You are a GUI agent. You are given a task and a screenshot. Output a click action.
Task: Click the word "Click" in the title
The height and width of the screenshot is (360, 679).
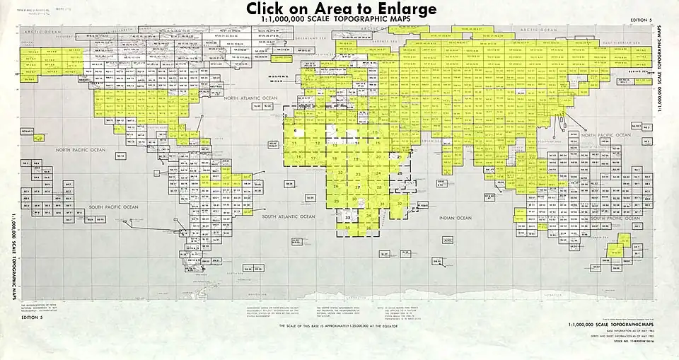point(272,8)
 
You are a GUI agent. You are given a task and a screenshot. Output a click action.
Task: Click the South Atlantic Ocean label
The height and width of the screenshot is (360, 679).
point(287,216)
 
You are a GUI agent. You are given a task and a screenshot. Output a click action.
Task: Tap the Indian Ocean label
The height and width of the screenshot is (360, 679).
point(455,218)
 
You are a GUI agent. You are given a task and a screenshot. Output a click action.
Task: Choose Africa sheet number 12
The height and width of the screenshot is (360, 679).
point(318,144)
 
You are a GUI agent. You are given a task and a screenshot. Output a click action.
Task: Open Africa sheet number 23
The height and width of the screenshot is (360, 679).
point(359,174)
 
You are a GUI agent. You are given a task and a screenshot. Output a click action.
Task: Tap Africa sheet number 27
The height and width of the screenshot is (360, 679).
point(359,187)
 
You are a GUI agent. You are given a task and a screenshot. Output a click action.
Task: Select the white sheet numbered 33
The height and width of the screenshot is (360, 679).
point(348,217)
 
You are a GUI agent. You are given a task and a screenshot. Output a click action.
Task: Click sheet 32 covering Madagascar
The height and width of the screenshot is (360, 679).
point(400,204)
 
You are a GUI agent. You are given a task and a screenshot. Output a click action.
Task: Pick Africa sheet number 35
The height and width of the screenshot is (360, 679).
point(348,228)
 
